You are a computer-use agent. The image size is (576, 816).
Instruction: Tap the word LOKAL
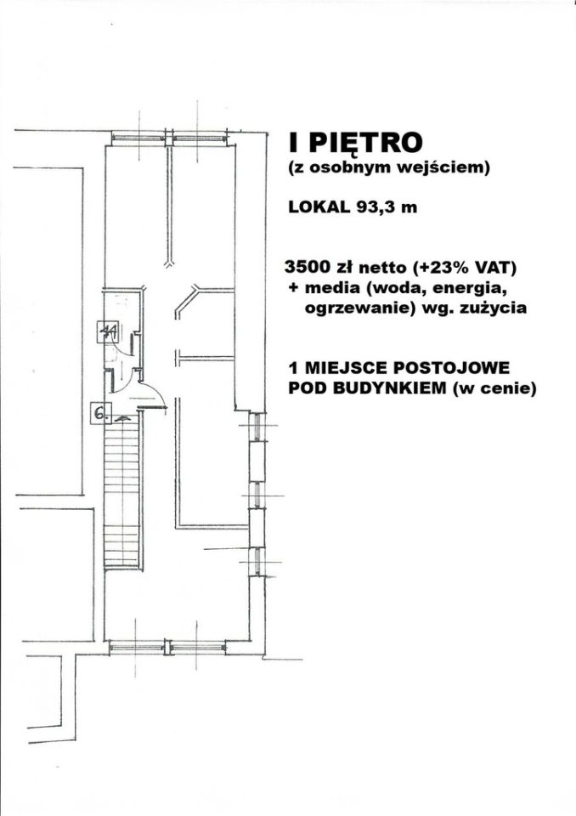(x=316, y=207)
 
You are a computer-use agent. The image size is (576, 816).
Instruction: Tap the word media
(x=328, y=287)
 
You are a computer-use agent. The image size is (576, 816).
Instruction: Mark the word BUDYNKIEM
(x=381, y=389)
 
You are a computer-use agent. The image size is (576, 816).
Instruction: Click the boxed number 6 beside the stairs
(x=99, y=414)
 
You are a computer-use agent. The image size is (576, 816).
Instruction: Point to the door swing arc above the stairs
(x=150, y=393)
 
